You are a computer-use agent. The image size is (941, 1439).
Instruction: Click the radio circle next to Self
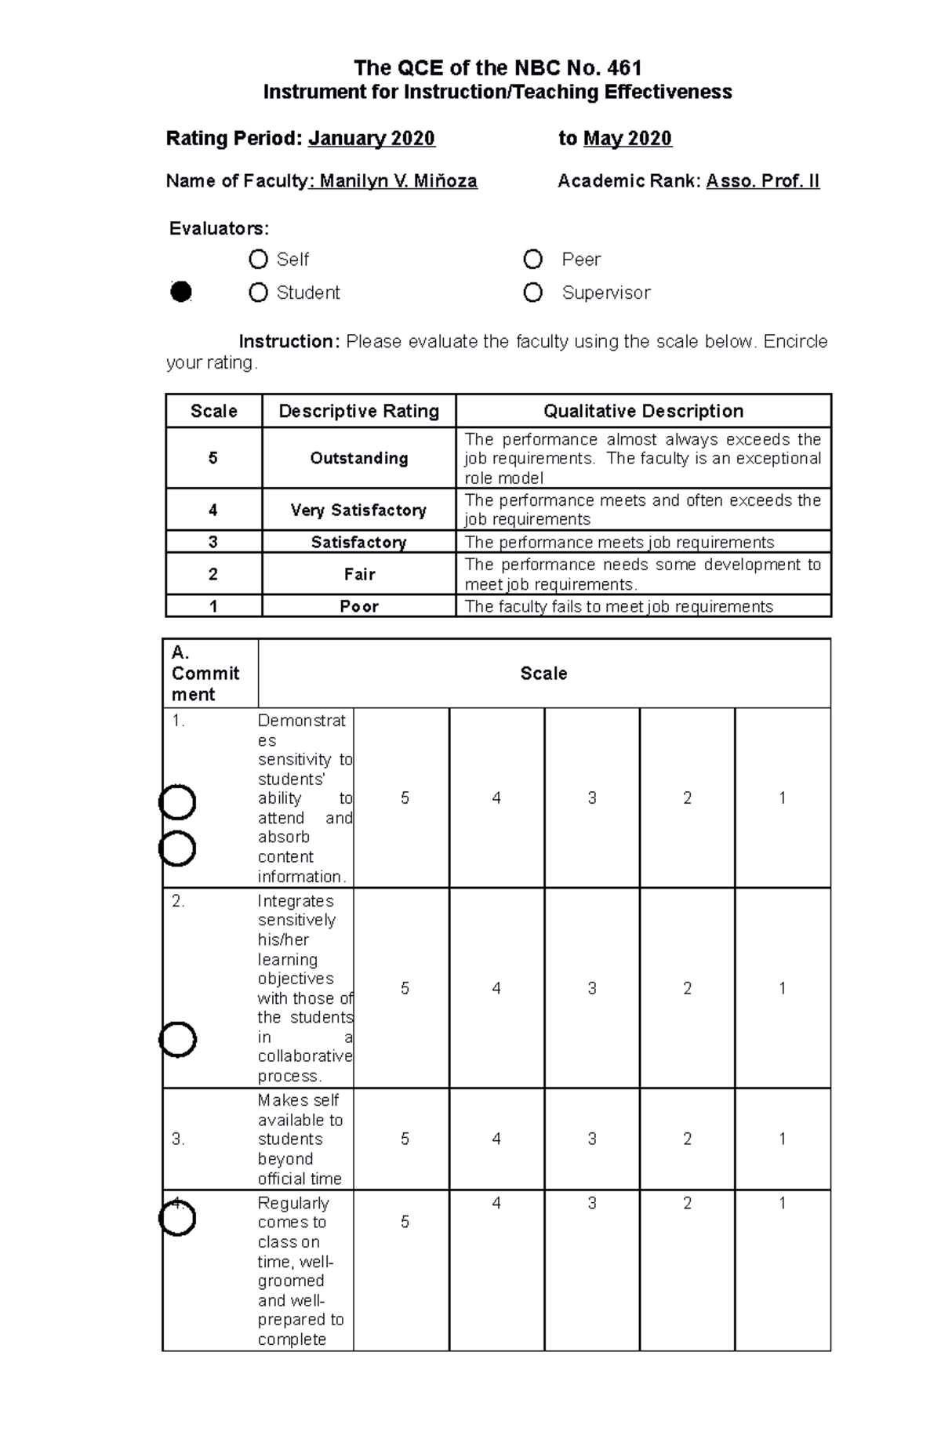coord(258,259)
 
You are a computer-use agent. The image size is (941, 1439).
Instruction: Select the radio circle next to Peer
coord(532,259)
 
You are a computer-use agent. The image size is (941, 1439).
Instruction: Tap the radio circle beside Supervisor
coord(532,293)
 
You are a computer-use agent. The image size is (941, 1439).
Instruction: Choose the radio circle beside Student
coord(258,293)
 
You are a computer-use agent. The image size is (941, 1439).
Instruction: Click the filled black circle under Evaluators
coord(181,292)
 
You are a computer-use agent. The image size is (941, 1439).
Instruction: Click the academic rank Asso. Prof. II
coord(762,181)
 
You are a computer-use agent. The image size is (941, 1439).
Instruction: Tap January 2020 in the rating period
coord(371,139)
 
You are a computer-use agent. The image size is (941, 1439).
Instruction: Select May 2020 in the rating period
coord(627,139)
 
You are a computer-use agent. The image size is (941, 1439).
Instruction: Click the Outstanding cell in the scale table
coord(358,458)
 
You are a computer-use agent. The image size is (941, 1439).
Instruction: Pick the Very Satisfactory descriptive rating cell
coord(358,510)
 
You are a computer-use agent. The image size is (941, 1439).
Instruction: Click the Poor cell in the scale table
coord(358,606)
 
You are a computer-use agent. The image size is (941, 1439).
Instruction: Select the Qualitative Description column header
coord(643,411)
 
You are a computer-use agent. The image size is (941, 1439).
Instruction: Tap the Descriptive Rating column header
coord(358,411)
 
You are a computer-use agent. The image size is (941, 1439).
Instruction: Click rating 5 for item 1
coord(405,798)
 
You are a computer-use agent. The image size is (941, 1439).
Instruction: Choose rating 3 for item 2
coord(592,988)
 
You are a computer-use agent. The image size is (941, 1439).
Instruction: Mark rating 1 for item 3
coord(782,1139)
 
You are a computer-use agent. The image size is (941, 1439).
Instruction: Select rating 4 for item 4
coord(496,1203)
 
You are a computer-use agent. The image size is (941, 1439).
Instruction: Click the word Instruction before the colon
coord(285,342)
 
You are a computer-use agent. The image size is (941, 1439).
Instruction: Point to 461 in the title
coord(624,68)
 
